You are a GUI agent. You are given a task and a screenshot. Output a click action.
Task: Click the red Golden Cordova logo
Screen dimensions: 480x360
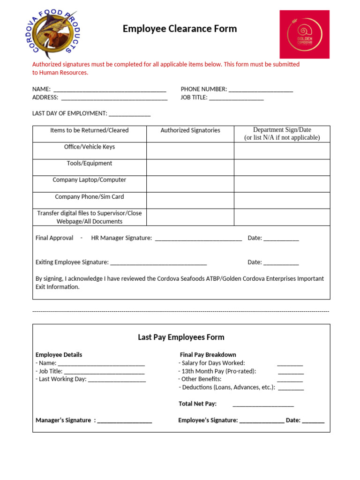coord(304,34)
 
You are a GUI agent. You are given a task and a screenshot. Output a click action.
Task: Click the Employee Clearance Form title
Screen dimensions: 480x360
coord(180,29)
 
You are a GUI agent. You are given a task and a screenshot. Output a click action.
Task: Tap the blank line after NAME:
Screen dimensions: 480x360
coord(110,90)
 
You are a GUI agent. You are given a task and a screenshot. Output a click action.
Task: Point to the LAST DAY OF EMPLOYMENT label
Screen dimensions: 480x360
coord(69,113)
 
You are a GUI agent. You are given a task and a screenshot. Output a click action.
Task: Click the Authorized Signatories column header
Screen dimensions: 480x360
coord(190,130)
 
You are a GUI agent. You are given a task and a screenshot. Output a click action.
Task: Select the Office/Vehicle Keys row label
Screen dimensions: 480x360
coord(89,147)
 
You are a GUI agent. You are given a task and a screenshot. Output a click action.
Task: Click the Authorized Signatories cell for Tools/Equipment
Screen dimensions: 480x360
coord(190,167)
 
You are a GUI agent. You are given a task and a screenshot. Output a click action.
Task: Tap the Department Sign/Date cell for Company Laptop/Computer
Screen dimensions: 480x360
coord(282,184)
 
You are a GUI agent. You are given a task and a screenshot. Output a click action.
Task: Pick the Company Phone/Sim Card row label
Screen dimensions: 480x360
coord(89,197)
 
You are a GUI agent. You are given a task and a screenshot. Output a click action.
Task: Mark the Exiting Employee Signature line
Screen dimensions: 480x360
coord(158,263)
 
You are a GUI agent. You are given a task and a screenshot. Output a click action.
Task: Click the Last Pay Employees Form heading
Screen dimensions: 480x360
coord(181,337)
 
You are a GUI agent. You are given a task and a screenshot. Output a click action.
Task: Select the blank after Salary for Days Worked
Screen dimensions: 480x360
coord(290,363)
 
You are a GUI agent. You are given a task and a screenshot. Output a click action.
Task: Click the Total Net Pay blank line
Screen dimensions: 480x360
coord(263,404)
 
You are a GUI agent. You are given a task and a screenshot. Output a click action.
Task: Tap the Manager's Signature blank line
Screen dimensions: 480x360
coord(125,421)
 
